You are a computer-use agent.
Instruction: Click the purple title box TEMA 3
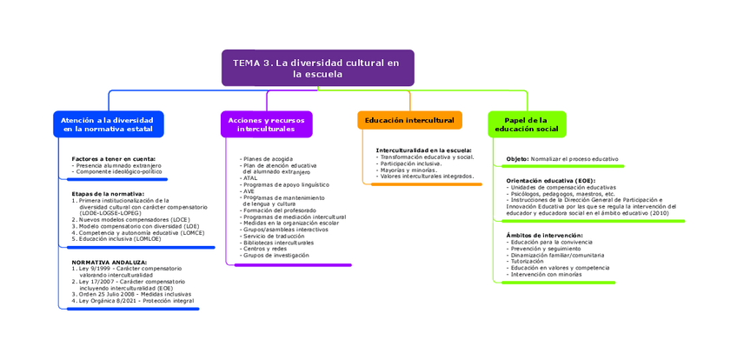pos(317,68)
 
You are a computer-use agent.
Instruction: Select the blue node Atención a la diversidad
pos(108,124)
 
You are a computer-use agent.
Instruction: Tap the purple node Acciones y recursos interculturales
pos(266,124)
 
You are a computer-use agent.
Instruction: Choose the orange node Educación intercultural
pos(409,120)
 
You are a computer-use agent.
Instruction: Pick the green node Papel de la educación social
pos(526,124)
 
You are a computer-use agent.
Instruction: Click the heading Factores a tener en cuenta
pos(114,159)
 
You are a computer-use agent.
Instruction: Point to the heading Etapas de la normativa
pos(108,194)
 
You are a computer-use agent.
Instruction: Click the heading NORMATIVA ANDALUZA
pos(110,262)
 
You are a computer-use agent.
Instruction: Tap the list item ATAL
pos(250,178)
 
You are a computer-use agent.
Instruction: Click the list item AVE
pos(249,191)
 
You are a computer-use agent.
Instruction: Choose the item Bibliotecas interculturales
pos(278,243)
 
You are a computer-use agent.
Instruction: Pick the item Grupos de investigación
pos(276,256)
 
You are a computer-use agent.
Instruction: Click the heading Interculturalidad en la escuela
pos(423,150)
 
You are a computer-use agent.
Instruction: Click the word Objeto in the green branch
pos(517,159)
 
